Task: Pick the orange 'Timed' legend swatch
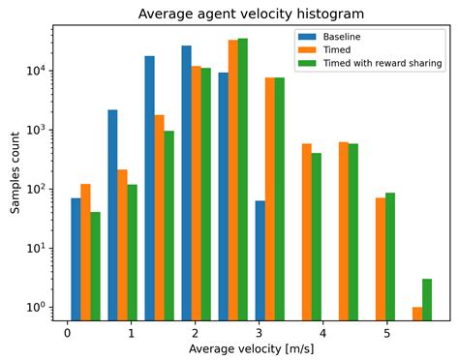click(306, 49)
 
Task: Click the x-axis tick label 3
click(260, 333)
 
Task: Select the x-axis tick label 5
click(387, 333)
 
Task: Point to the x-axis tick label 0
click(67, 333)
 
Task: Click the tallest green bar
click(243, 179)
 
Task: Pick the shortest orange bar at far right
click(417, 313)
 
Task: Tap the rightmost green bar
click(427, 299)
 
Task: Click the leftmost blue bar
click(76, 258)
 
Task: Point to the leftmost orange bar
click(85, 252)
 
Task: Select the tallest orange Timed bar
click(233, 179)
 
